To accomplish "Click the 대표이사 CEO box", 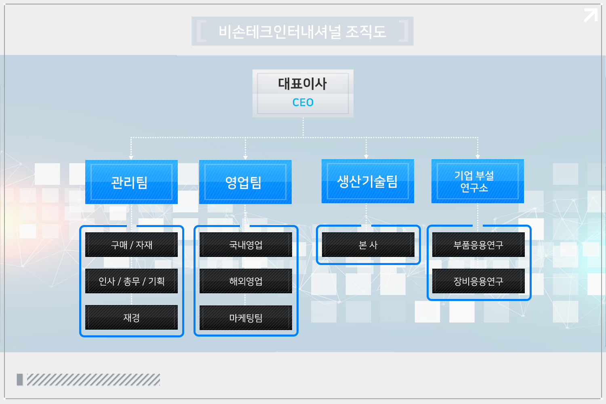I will click(303, 93).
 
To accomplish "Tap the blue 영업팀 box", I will click(245, 182).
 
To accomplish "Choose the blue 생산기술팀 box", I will click(368, 181).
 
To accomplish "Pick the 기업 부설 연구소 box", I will click(478, 181).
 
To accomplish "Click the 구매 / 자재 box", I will click(131, 244).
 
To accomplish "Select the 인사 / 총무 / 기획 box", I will click(131, 281).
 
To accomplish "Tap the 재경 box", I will click(131, 317).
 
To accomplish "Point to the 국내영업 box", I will click(246, 244).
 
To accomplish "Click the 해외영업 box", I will click(246, 281).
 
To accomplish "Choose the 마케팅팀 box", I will click(246, 318).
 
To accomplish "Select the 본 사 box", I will click(368, 244).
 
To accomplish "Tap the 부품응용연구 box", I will click(478, 244).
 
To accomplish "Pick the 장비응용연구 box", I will click(478, 281).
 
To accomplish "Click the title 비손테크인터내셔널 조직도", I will click(302, 31).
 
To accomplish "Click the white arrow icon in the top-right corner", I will click(591, 15).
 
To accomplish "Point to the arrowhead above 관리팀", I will click(131, 158).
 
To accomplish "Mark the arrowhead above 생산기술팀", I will click(366, 157).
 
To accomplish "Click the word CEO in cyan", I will click(303, 103).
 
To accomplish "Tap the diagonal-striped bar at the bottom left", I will click(93, 379).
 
